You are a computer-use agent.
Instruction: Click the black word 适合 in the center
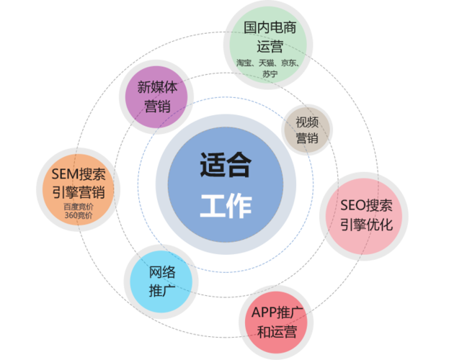coord(226,165)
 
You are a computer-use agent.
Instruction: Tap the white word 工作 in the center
coord(226,205)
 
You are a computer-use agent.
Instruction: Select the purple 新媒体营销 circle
coord(156,97)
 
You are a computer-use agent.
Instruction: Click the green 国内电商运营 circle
coord(268,45)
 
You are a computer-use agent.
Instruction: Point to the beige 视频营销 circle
coord(307,130)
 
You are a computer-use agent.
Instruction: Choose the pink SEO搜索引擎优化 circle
coord(364,216)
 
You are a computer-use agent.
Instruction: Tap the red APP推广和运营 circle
coord(276,323)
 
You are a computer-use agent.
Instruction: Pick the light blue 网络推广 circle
coord(161,282)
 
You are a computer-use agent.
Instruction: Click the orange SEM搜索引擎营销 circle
coord(79,190)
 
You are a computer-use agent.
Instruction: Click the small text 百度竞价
coord(79,207)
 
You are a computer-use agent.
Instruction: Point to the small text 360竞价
coord(79,215)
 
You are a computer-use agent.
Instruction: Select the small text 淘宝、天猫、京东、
coord(268,63)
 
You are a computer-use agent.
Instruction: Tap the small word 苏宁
coord(270,74)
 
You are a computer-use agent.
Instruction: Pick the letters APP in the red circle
coord(264,312)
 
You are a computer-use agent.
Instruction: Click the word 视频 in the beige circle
coord(307,122)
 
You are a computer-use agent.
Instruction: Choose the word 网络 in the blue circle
coord(162,272)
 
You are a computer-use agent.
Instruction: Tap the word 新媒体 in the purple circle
coord(157,87)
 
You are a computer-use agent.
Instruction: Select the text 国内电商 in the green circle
coord(270,28)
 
